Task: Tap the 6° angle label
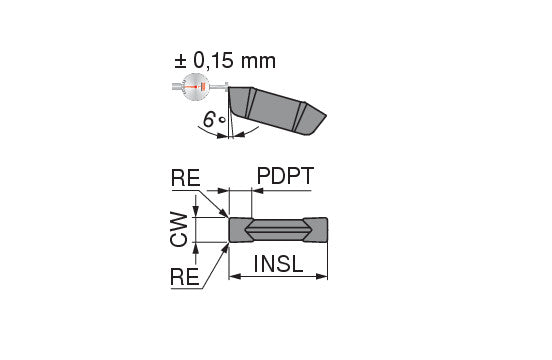click(211, 120)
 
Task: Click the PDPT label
click(285, 178)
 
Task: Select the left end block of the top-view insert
click(240, 229)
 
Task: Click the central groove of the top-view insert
click(277, 229)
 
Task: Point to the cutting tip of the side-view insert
click(232, 94)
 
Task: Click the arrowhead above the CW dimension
click(196, 212)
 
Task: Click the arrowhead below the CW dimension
click(196, 246)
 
